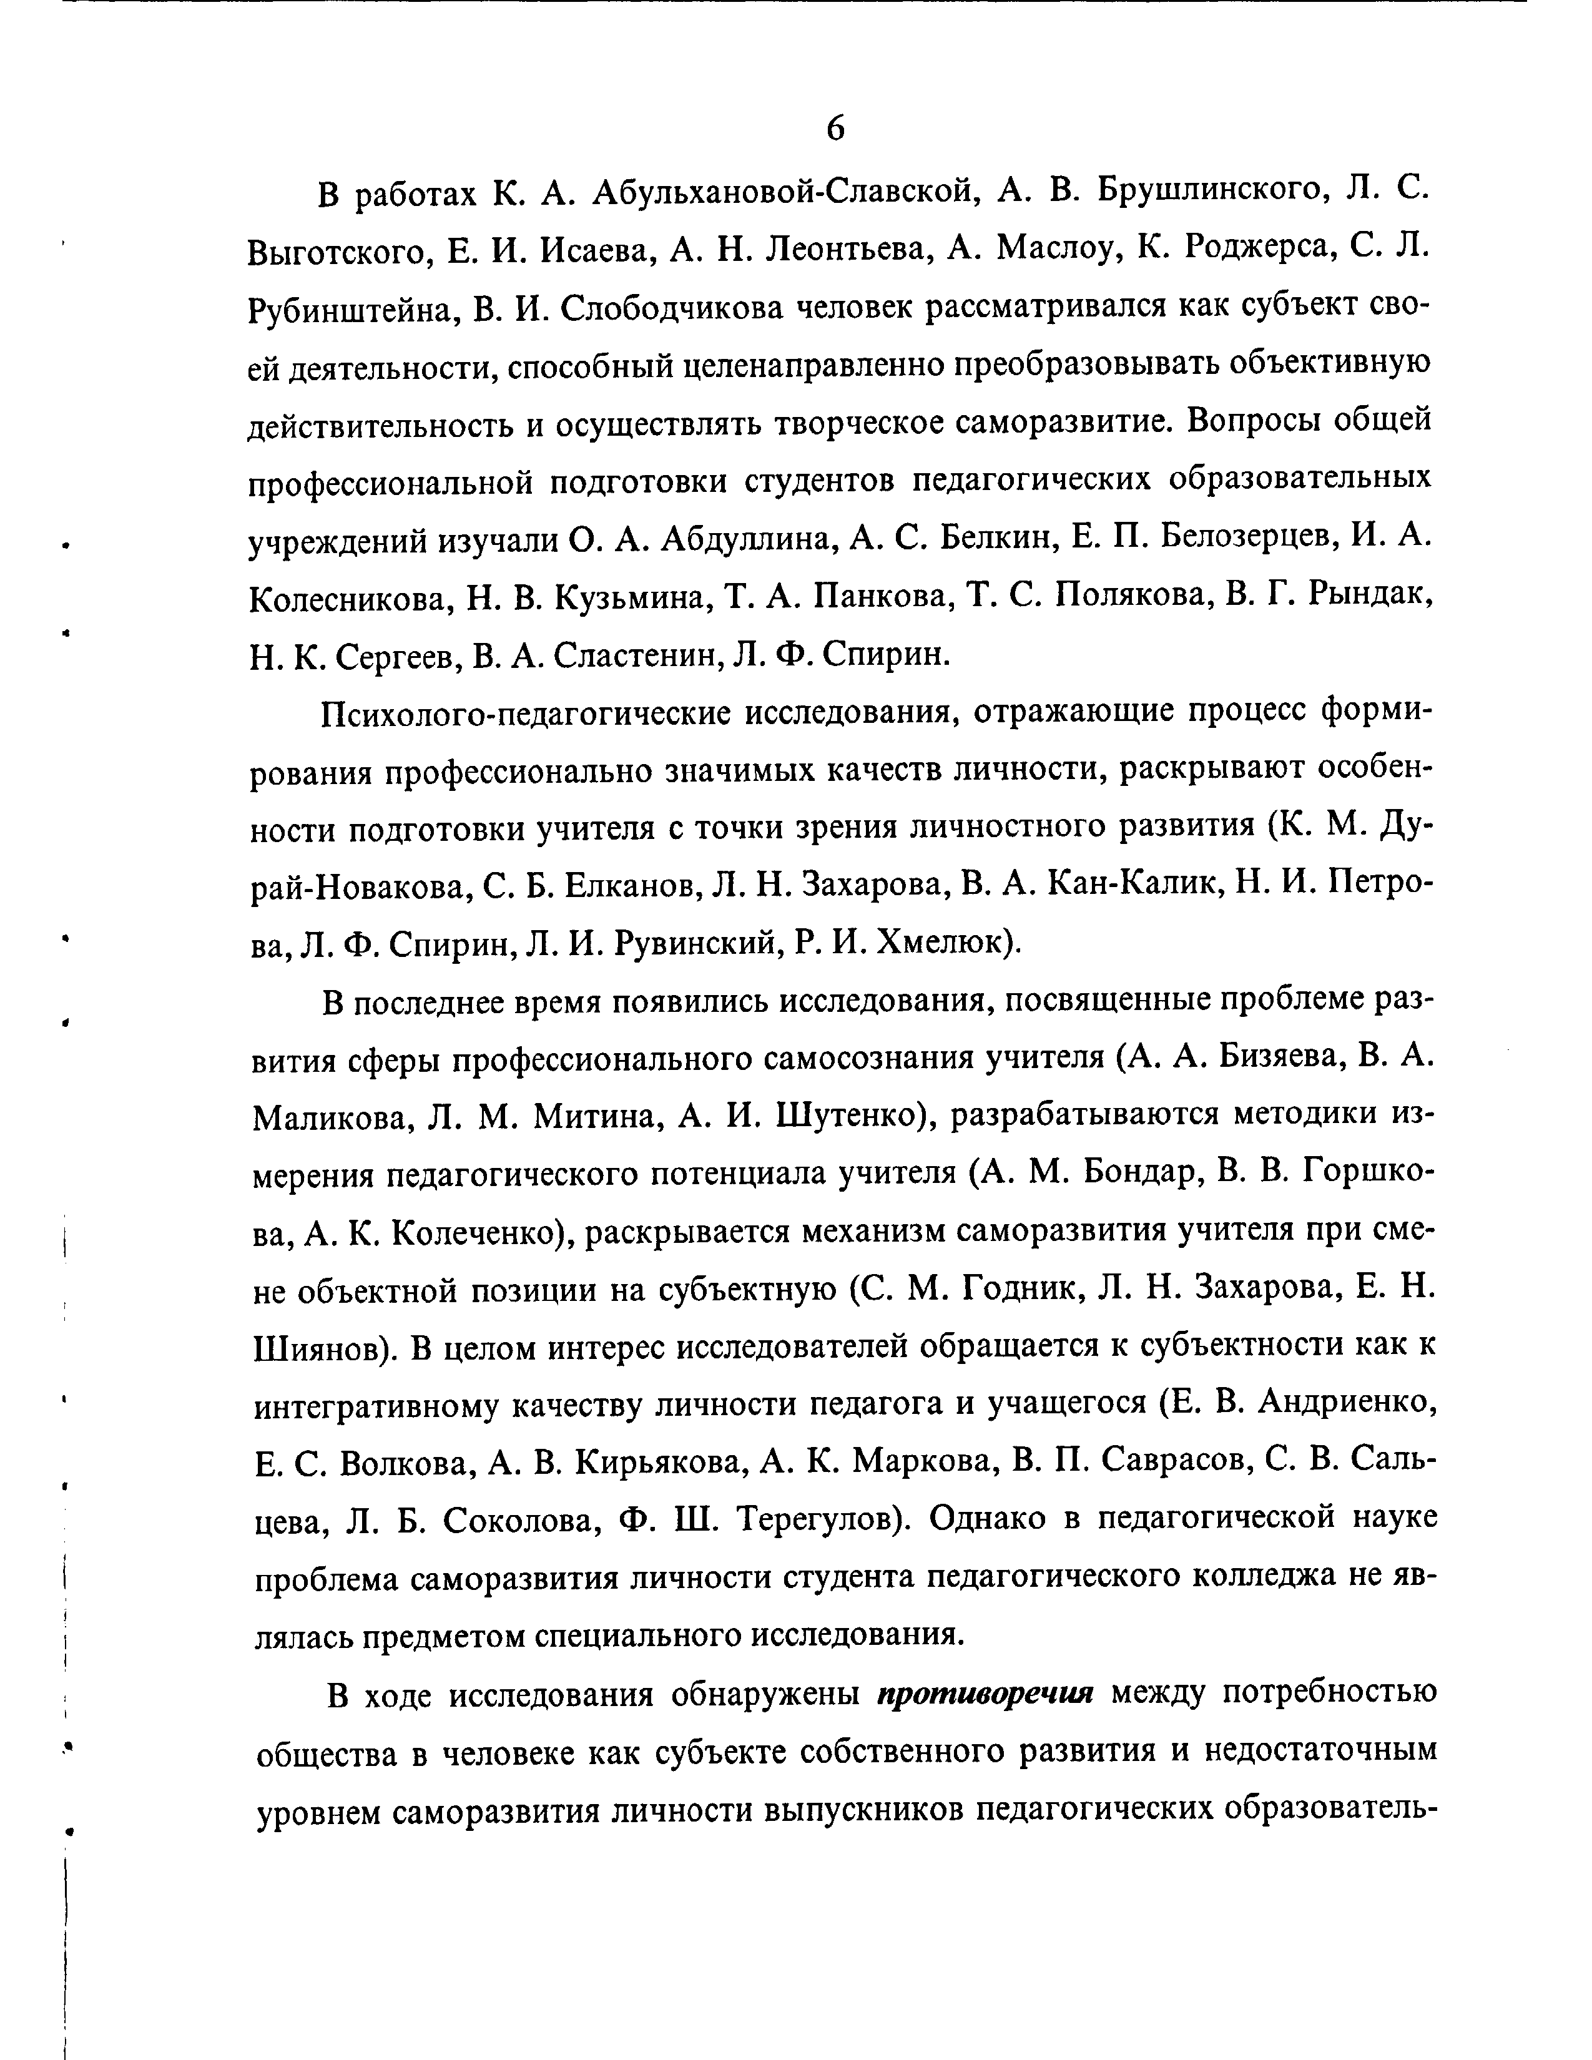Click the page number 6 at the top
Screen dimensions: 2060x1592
(x=835, y=128)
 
